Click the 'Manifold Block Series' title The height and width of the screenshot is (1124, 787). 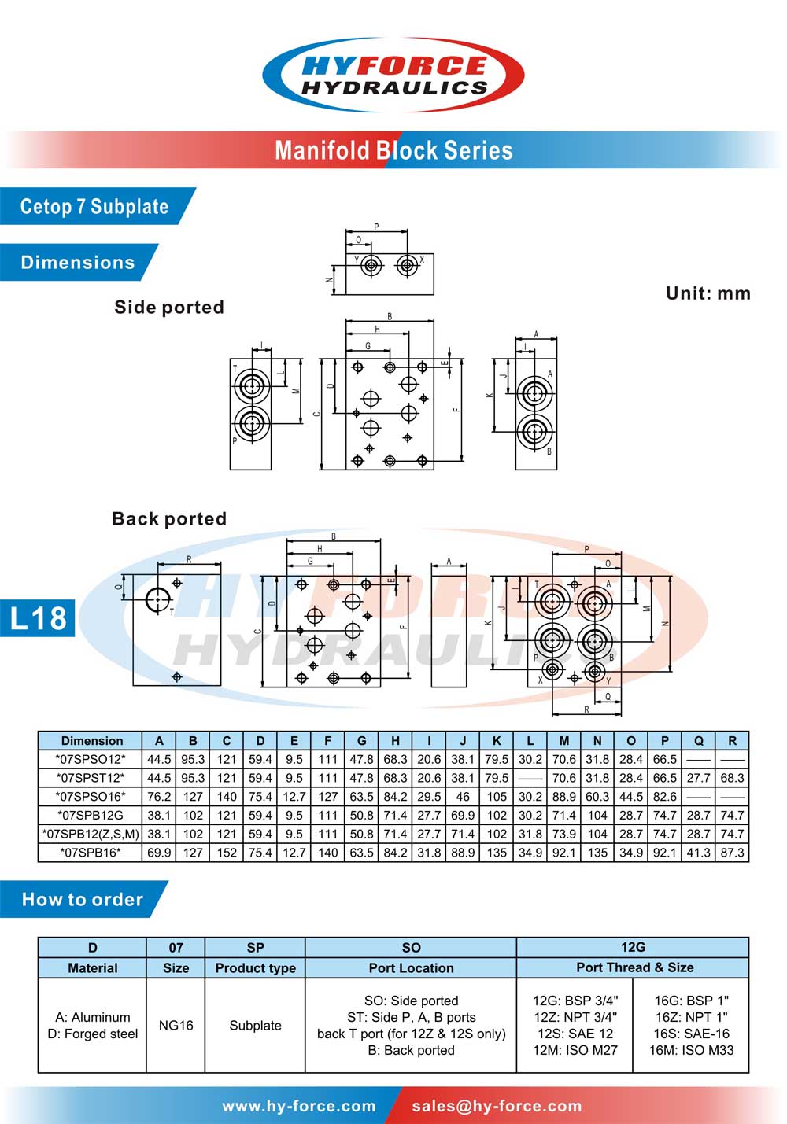pos(393,150)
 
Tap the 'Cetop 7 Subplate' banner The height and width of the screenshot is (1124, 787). pos(94,207)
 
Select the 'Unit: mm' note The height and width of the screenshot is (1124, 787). pos(708,293)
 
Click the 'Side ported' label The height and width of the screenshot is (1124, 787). pos(169,308)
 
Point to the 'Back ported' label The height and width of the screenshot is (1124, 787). pos(169,519)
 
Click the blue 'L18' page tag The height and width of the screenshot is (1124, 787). pos(38,618)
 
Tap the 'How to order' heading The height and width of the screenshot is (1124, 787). pos(83,900)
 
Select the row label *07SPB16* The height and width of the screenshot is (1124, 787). pos(91,853)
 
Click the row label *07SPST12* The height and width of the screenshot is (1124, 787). pos(91,778)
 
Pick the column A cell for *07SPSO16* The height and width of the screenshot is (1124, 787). pos(159,797)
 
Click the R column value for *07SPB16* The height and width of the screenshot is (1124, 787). pos(732,853)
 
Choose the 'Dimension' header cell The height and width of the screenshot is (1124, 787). pos(91,741)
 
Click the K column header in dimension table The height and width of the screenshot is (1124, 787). pos(497,741)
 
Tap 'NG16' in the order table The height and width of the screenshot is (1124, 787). pos(176,1026)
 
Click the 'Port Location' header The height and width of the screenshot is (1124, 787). pos(411,968)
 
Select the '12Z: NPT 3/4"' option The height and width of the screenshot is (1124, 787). pos(575,1017)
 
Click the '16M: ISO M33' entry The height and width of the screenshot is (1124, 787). pos(691,1050)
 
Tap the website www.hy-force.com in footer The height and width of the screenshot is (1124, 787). pos(299,1107)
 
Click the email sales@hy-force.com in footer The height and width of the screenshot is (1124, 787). pos(497,1107)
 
